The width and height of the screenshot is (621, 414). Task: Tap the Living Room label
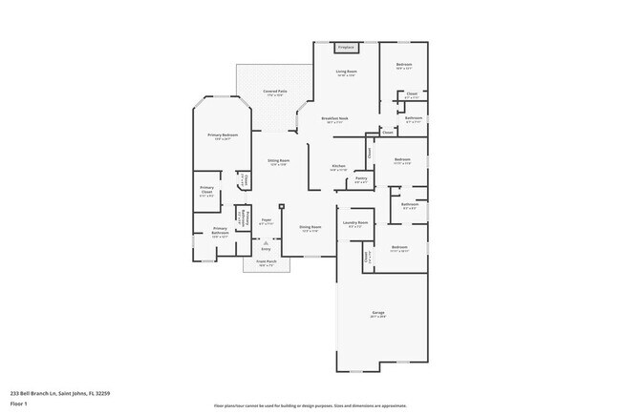346,72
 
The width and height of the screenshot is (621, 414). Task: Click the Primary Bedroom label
223,136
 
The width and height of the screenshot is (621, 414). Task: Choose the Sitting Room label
279,162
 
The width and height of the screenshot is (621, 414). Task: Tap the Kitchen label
338,167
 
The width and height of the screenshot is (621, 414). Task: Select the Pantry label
361,179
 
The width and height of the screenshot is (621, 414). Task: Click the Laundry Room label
357,223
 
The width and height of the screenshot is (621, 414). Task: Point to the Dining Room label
310,228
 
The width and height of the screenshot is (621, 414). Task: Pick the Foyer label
267,221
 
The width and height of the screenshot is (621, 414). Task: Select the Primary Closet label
207,191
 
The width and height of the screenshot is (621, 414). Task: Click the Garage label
378,313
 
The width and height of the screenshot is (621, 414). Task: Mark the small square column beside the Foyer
282,205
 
